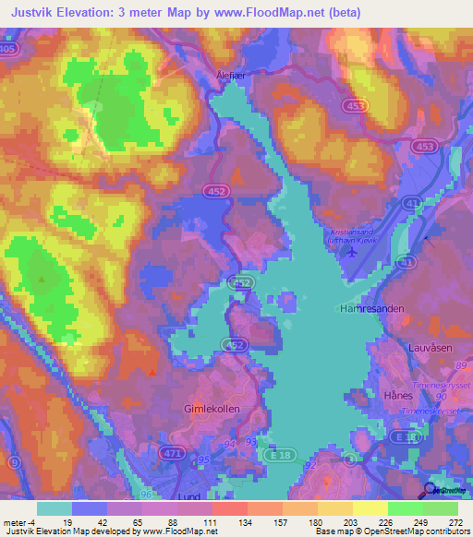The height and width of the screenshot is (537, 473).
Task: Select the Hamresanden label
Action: click(x=372, y=310)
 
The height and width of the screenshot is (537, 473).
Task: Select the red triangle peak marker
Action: click(x=152, y=371)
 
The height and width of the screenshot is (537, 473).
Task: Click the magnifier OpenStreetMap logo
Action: click(x=431, y=491)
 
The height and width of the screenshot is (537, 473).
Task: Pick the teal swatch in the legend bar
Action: click(x=55, y=508)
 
